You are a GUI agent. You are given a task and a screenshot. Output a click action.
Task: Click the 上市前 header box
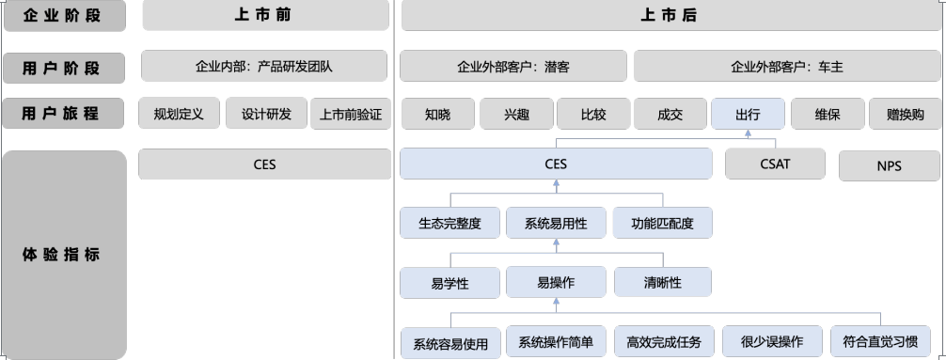[x=265, y=15]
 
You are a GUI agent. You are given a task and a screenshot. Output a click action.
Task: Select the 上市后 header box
[x=670, y=15]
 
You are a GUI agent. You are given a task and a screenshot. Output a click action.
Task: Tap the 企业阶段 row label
[x=65, y=16]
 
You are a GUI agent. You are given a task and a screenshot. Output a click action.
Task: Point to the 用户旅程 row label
[x=63, y=114]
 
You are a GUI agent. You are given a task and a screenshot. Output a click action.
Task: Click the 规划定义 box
[x=180, y=114]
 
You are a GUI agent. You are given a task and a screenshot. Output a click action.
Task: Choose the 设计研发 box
[x=266, y=114]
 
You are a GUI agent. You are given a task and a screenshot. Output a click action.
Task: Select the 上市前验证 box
[x=351, y=114]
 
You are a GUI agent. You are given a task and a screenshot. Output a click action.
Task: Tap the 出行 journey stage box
[x=749, y=114]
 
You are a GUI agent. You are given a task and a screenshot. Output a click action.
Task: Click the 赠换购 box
[x=905, y=114]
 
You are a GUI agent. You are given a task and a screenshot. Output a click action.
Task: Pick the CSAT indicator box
[x=775, y=164]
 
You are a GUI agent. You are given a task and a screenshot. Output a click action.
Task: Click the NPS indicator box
[x=890, y=165]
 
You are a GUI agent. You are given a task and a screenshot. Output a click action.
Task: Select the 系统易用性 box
[x=556, y=223]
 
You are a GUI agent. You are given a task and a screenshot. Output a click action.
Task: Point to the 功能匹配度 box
[x=662, y=223]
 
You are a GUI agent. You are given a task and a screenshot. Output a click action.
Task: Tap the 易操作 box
[x=556, y=282]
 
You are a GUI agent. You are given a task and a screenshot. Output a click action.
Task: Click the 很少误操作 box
[x=772, y=342]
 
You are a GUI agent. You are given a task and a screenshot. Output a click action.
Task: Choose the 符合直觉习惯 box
[x=880, y=342]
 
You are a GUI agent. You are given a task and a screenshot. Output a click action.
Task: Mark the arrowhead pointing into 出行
[x=749, y=133]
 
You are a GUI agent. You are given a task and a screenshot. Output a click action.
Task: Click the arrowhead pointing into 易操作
[x=556, y=302]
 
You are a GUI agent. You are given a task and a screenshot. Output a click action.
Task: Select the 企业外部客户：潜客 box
[x=513, y=66]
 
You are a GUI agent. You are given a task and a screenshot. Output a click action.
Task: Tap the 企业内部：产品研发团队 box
[x=264, y=66]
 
